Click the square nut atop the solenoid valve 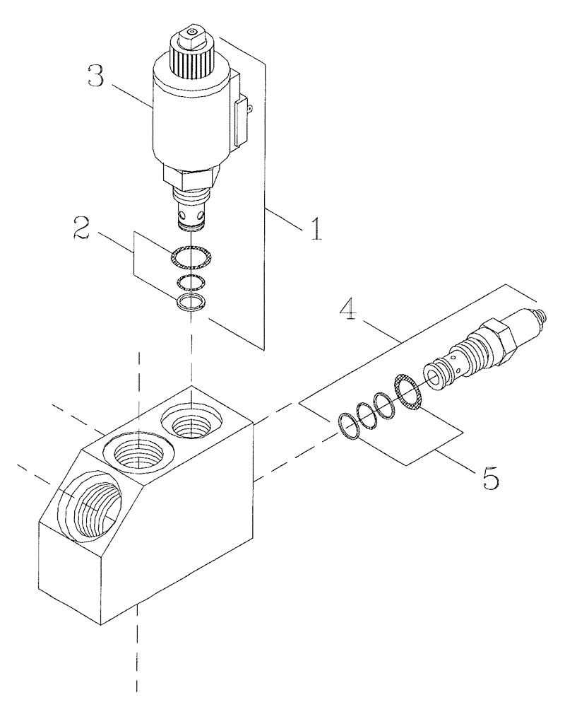[x=189, y=33]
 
